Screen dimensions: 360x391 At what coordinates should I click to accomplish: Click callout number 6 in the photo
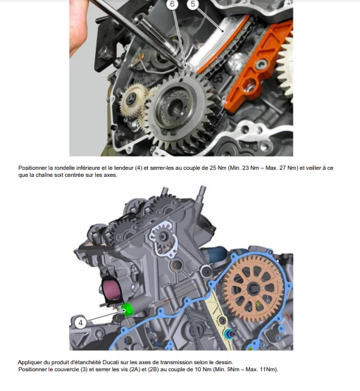(x=172, y=4)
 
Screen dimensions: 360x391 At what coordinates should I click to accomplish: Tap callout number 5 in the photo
(x=193, y=4)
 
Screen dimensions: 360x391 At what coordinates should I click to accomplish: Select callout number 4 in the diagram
(x=80, y=323)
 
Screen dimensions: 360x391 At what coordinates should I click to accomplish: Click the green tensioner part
(x=128, y=309)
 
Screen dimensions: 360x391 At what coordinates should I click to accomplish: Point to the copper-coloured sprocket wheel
(x=254, y=290)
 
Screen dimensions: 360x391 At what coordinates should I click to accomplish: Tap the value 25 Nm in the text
(x=218, y=168)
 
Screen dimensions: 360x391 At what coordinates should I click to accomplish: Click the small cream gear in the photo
(x=132, y=101)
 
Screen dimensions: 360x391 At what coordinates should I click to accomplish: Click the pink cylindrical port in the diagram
(x=111, y=290)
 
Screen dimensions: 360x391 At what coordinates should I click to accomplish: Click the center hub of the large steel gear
(x=175, y=106)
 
